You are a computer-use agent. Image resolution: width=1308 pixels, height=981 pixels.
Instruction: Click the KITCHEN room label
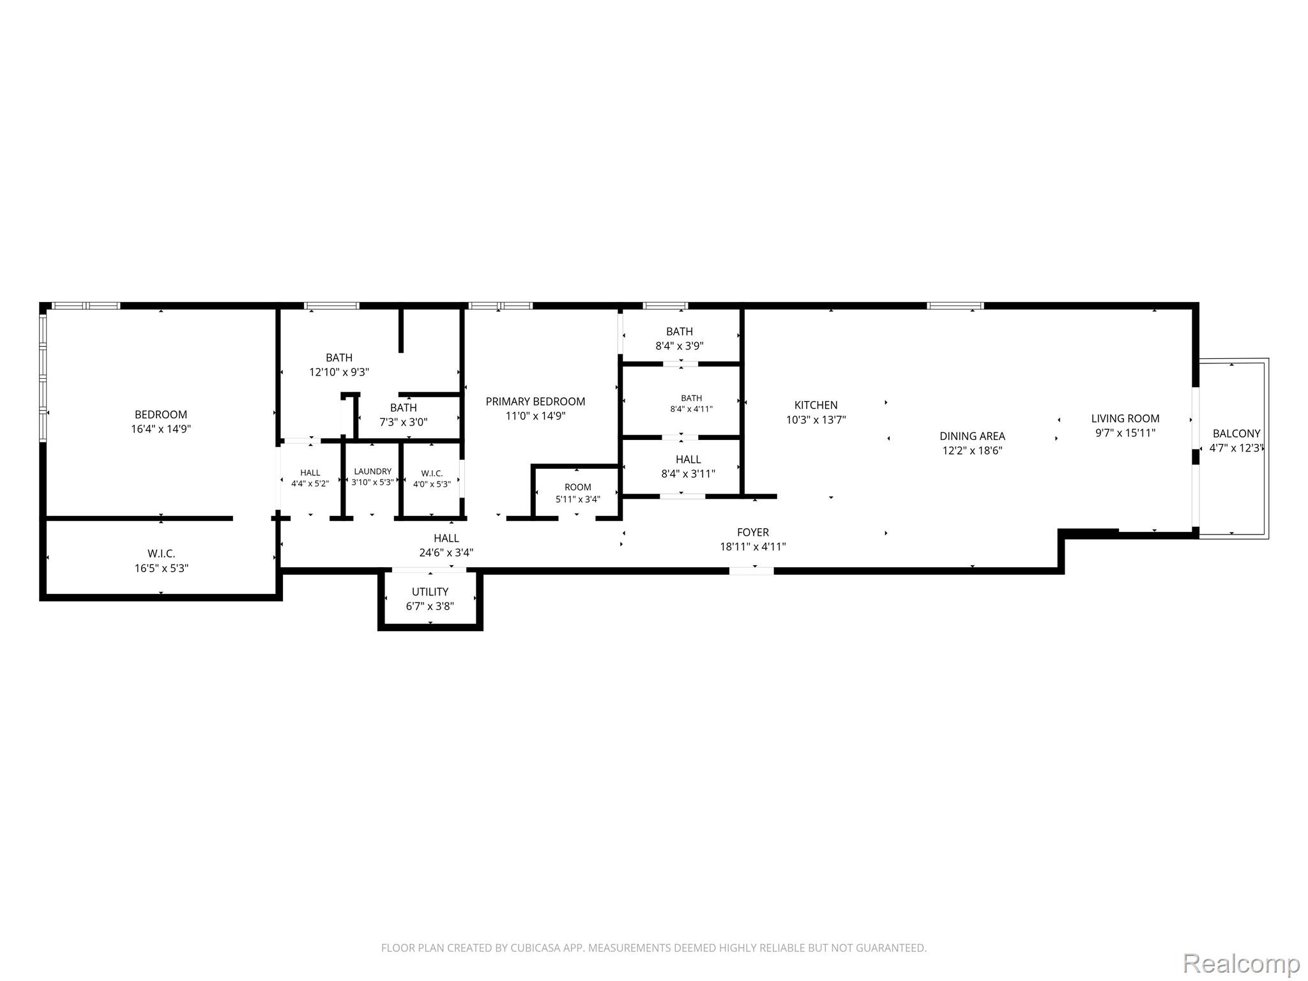tap(816, 405)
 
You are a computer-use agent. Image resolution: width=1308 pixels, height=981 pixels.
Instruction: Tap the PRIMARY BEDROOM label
tap(535, 402)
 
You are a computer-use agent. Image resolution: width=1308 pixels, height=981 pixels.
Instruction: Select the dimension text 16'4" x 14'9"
tap(161, 429)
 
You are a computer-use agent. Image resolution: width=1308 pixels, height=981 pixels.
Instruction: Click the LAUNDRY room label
tap(373, 471)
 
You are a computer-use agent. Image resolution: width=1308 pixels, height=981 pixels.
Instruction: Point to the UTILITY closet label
tap(430, 592)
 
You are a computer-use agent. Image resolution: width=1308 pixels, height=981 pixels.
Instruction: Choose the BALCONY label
tap(1236, 434)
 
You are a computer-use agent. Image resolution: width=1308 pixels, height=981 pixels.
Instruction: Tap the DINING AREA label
tap(972, 436)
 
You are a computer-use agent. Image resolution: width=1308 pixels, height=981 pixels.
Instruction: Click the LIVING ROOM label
tap(1125, 418)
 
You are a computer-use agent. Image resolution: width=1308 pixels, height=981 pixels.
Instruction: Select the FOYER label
tap(753, 532)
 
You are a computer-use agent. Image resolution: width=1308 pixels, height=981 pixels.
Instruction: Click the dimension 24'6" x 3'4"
tap(446, 553)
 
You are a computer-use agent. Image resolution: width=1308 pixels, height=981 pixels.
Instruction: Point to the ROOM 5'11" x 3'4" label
tap(578, 487)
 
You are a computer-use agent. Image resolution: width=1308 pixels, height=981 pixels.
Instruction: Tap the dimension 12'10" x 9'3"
tap(339, 372)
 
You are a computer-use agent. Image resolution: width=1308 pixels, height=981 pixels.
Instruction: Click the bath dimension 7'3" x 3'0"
tap(404, 422)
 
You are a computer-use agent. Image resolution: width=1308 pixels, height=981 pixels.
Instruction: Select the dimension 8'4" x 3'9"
tap(680, 346)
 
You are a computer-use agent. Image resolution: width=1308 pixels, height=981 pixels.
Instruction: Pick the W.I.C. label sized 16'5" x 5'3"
tap(161, 554)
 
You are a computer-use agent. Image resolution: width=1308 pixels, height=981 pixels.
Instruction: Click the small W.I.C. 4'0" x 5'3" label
tap(432, 473)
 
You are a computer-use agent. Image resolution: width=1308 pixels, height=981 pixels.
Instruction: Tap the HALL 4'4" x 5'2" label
tap(310, 473)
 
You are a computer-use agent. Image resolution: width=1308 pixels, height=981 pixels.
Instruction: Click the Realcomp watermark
tap(1242, 963)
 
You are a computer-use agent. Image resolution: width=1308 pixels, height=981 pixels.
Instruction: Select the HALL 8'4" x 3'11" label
tap(688, 459)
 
